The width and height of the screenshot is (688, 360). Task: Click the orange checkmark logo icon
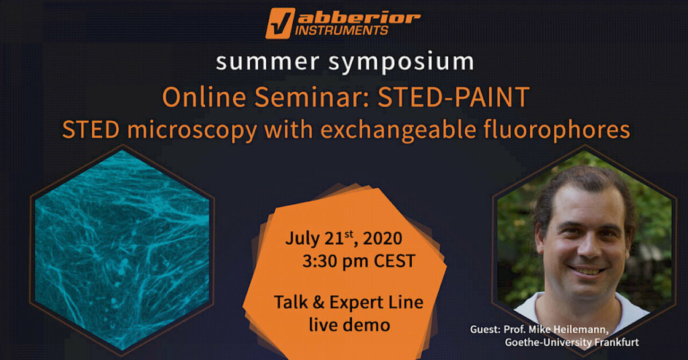coord(280,24)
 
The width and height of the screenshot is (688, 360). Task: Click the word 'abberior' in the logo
coord(359,18)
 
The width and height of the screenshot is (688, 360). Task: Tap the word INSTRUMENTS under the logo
coord(341,30)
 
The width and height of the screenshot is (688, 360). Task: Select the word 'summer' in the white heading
coord(268,62)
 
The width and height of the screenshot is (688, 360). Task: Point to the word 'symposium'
coord(401,63)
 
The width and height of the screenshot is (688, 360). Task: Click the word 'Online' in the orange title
coord(204,97)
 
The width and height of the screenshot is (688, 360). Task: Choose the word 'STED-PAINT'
coord(454,97)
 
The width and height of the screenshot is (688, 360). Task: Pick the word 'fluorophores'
coord(557,130)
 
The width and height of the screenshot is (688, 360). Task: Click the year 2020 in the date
coord(382,238)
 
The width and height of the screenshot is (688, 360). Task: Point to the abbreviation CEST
coord(394,261)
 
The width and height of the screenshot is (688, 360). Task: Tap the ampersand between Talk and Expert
coord(319,302)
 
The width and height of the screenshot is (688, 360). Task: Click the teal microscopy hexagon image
coord(122,250)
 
